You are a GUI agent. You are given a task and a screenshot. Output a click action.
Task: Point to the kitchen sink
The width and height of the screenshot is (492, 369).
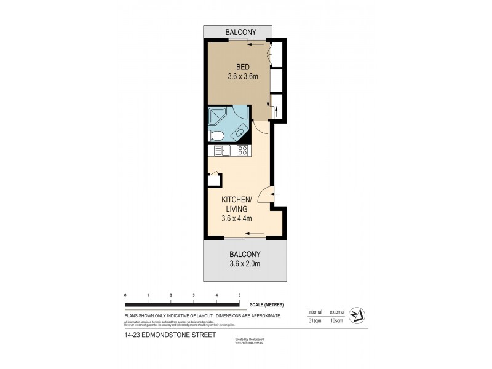click(x=221, y=151)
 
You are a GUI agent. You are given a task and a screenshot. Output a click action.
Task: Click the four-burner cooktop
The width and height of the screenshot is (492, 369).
click(x=242, y=150)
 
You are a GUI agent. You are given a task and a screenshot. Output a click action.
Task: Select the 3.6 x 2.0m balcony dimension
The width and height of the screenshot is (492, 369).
click(x=245, y=264)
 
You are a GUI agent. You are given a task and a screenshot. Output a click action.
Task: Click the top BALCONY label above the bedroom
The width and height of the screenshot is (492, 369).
click(x=238, y=33)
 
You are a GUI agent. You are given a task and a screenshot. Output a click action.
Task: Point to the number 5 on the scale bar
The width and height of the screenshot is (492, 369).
click(x=239, y=296)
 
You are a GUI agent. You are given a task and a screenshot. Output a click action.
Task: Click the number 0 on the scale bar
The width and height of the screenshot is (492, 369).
click(x=125, y=296)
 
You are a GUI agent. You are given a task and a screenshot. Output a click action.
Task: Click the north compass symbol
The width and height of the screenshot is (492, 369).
click(x=357, y=316)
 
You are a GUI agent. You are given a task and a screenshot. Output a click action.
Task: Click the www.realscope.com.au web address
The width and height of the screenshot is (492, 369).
click(x=248, y=343)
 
